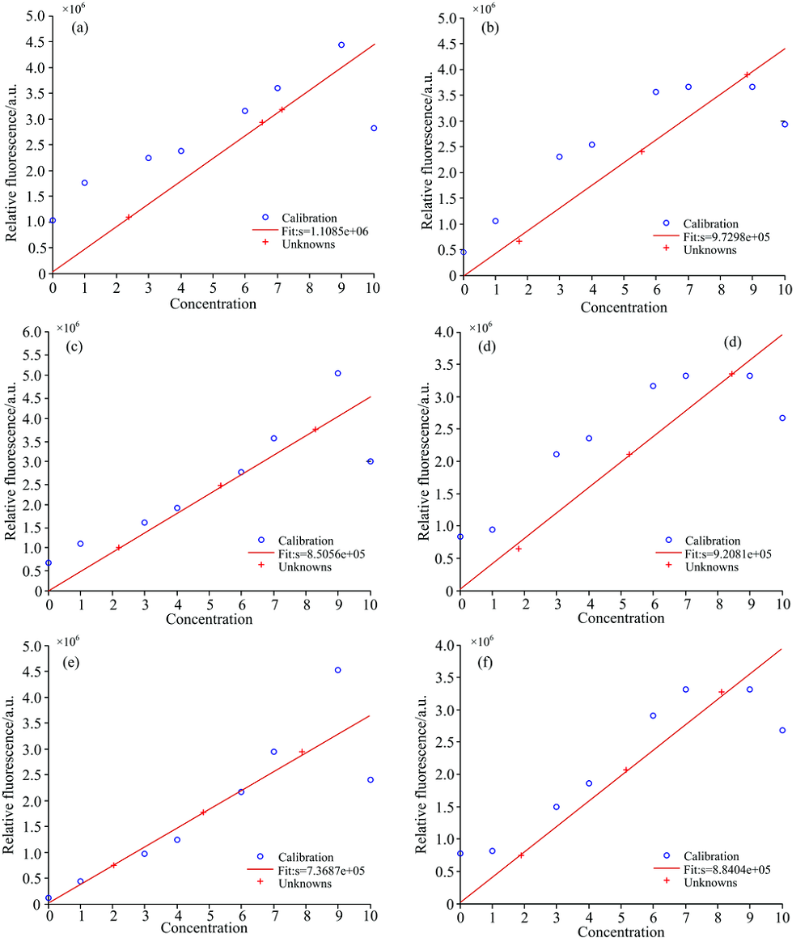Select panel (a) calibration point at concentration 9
pos(341,45)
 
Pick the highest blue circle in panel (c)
pos(338,373)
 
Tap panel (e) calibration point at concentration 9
pos(338,670)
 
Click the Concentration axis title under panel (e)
pos(204,928)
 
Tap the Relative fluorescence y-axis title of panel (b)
pos(428,146)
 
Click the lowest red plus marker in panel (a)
pos(128,217)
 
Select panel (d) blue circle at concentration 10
pos(782,418)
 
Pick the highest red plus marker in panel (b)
pos(748,74)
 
